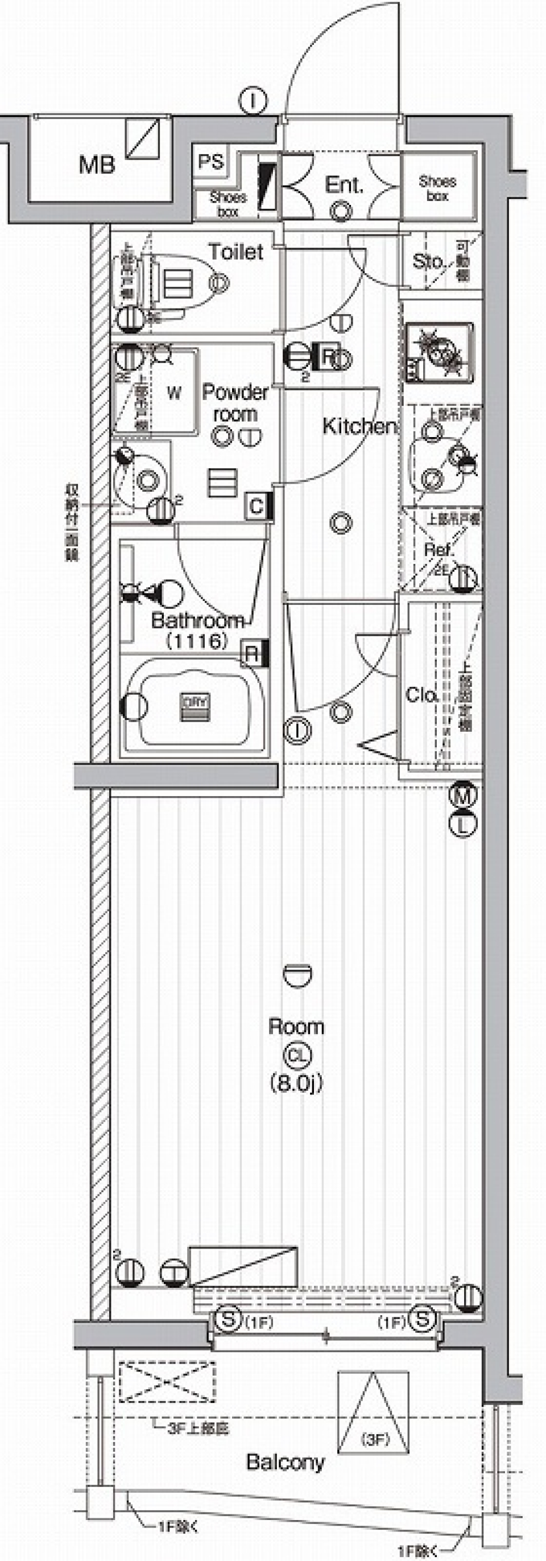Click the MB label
click(x=97, y=164)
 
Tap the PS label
click(x=210, y=162)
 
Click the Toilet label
click(x=235, y=252)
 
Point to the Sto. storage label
click(x=429, y=261)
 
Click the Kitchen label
click(x=359, y=426)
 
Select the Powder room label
click(x=235, y=403)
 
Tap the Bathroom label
click(x=197, y=620)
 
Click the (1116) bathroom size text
click(x=197, y=641)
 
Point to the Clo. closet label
click(x=422, y=694)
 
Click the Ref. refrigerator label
click(x=439, y=550)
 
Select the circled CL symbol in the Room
click(x=297, y=1056)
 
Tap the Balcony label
click(x=285, y=1462)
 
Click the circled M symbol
click(x=463, y=795)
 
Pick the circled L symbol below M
click(x=463, y=824)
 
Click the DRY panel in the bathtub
click(x=195, y=707)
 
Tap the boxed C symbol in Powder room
click(x=257, y=506)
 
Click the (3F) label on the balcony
click(x=376, y=1439)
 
